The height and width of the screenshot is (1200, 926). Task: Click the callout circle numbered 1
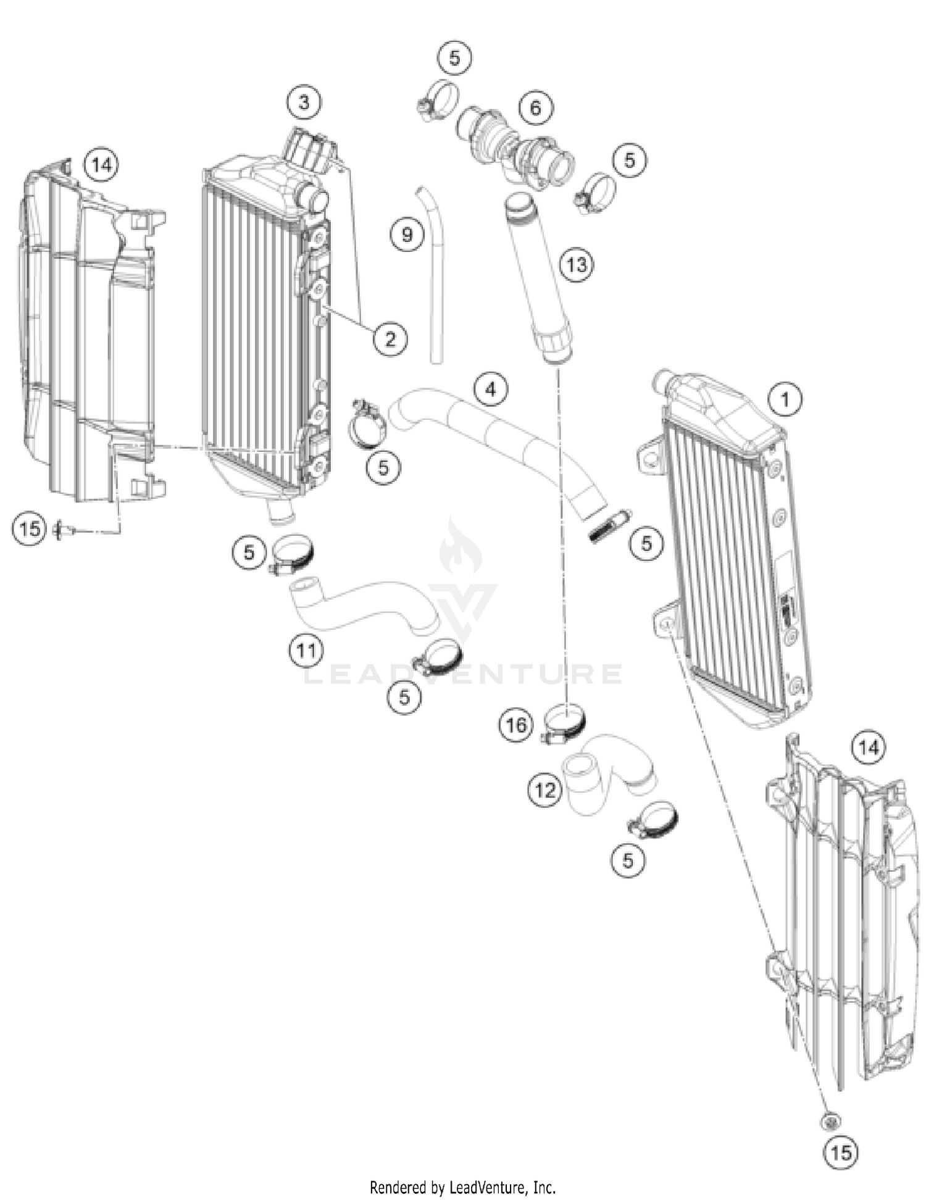(785, 399)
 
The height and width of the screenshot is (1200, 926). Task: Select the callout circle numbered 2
(390, 338)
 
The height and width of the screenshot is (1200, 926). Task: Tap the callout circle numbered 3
(304, 101)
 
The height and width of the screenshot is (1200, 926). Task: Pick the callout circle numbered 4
(491, 390)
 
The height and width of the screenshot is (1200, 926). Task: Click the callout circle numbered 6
(535, 108)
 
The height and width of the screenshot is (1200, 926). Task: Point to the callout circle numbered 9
(407, 235)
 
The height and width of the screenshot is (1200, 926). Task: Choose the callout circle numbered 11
(307, 650)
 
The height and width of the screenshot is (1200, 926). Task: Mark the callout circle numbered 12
(545, 790)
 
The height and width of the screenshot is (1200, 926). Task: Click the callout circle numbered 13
(576, 265)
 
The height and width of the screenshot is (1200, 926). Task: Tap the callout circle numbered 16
(516, 724)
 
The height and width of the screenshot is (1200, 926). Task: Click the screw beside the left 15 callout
(64, 528)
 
